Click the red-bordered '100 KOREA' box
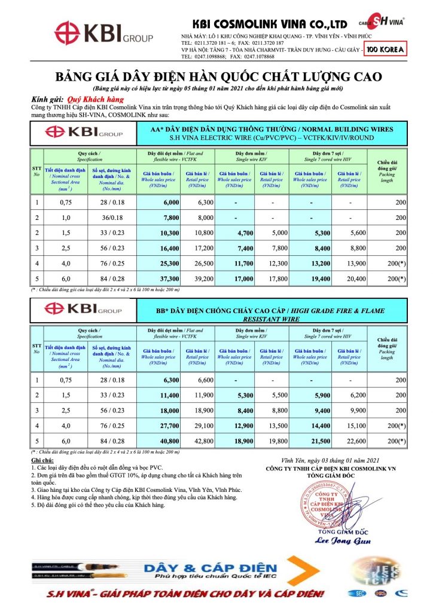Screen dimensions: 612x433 pos(386,50)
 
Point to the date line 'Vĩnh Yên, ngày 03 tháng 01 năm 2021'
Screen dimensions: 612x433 pos(330,460)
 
